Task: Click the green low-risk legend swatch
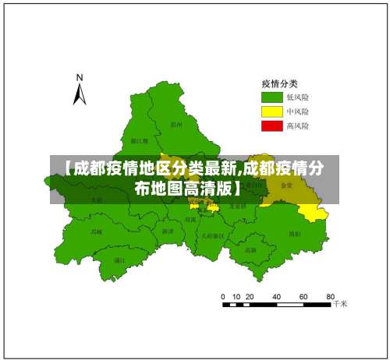point(271,97)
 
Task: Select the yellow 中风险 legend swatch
point(271,111)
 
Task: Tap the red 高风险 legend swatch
point(271,125)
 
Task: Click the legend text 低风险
point(298,97)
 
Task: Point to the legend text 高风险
point(298,125)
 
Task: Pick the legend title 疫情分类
point(278,83)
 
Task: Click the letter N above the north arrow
point(79,77)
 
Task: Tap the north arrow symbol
point(79,94)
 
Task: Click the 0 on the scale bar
point(224,297)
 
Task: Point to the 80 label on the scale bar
point(331,297)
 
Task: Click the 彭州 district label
point(176,124)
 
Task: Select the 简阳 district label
point(294,234)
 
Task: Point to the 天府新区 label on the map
point(212,235)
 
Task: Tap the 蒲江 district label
point(119,259)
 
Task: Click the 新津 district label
point(168,231)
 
